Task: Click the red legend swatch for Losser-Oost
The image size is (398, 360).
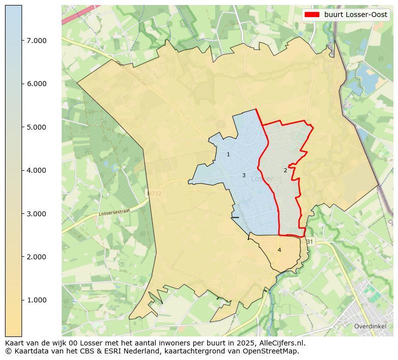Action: (x=312, y=15)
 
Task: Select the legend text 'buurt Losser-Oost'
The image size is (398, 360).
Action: (x=355, y=15)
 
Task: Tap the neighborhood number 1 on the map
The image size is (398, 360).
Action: (x=228, y=155)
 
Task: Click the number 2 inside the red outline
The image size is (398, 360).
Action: (x=285, y=170)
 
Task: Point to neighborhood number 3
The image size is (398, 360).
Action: (x=244, y=176)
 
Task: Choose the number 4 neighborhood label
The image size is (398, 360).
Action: (x=279, y=250)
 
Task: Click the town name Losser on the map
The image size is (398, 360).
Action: (x=262, y=179)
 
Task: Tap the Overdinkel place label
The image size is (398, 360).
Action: (x=369, y=326)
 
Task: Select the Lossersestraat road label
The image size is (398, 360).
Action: (x=114, y=213)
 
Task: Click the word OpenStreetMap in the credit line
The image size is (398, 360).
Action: (x=274, y=351)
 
